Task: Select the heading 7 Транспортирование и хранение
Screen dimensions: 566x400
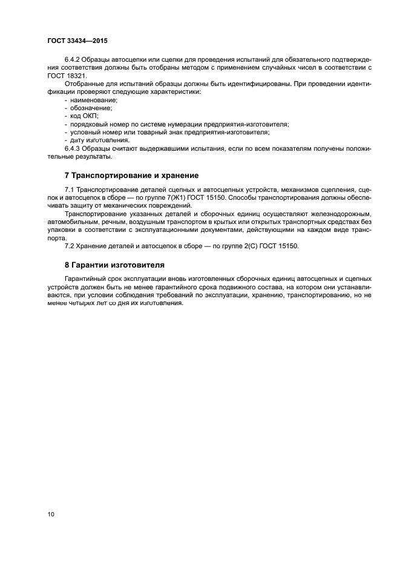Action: click(x=131, y=176)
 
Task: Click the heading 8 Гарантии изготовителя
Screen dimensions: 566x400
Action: click(x=114, y=265)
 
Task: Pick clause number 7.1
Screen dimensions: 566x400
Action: click(x=70, y=191)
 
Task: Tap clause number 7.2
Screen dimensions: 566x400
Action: click(x=70, y=246)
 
